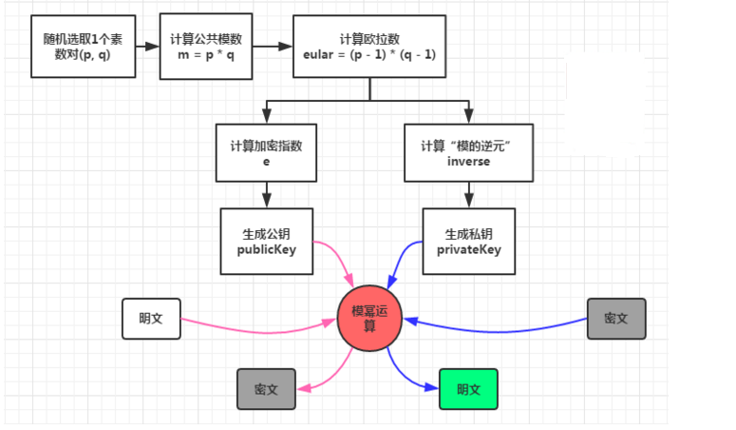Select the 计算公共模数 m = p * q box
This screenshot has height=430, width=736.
pos(206,46)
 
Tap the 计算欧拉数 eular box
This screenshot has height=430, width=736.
pos(369,47)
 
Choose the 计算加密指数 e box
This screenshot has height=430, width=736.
pos(267,153)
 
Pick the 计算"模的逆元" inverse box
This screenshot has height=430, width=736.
pos(468,153)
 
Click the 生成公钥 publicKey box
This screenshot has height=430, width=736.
pos(267,242)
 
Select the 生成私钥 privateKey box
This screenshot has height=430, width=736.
pos(468,242)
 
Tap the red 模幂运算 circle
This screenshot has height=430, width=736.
pos(370,318)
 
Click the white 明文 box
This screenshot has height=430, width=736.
pos(150,319)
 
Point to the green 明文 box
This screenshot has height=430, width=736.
pos(468,389)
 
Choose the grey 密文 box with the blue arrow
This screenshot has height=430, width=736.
pos(616,319)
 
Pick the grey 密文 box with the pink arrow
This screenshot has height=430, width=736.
pos(266,389)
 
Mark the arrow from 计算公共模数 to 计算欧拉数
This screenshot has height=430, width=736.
pos(273,46)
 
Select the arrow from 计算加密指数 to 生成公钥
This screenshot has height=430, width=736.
pos(267,195)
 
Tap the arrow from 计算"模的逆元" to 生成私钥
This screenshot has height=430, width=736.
pos(468,195)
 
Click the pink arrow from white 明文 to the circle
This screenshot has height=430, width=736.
pos(256,332)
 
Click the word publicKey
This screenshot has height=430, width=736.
pos(267,250)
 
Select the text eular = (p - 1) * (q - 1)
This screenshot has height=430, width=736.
pos(369,54)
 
